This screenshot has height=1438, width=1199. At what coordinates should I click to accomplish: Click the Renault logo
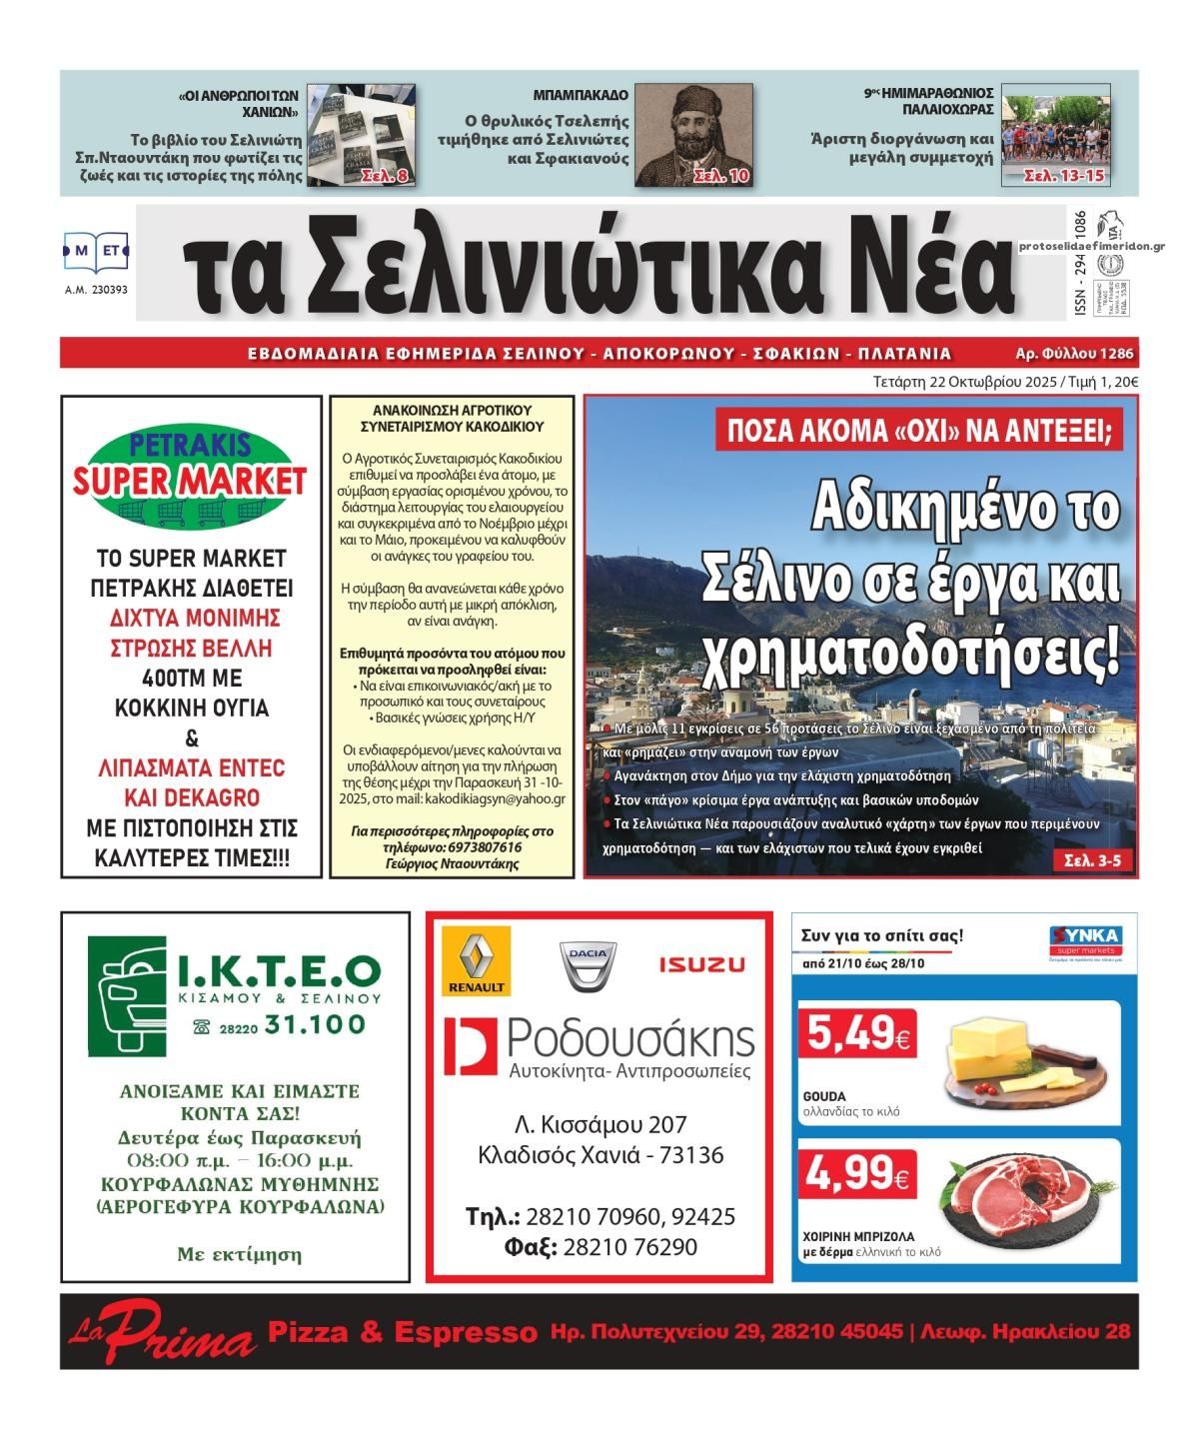point(477,960)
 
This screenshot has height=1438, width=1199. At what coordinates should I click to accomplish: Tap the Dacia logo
point(587,963)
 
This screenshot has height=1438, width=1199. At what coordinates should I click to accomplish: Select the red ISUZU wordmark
point(701,964)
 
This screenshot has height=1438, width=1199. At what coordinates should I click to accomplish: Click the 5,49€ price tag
point(857,1036)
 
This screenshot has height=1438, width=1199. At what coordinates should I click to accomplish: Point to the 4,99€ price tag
point(857,1177)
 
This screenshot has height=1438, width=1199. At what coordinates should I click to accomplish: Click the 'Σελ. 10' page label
point(720,177)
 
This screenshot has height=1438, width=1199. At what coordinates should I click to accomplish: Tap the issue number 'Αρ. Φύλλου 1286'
point(1073,353)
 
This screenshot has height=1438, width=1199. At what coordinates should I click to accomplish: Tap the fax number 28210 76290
point(629,1247)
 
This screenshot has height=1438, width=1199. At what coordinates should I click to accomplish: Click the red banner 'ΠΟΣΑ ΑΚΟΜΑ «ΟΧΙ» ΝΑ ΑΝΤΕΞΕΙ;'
point(919,432)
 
